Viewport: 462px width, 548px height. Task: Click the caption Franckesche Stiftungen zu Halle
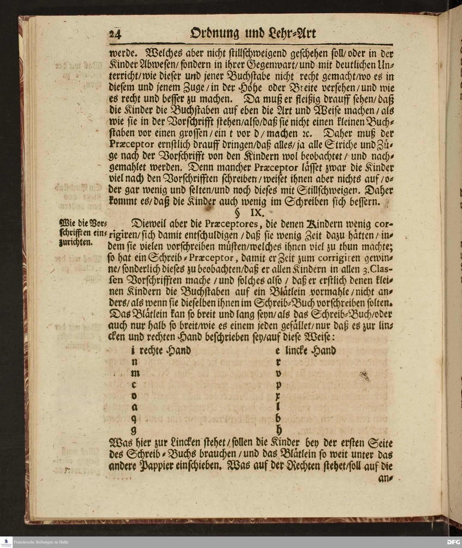[41, 542]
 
